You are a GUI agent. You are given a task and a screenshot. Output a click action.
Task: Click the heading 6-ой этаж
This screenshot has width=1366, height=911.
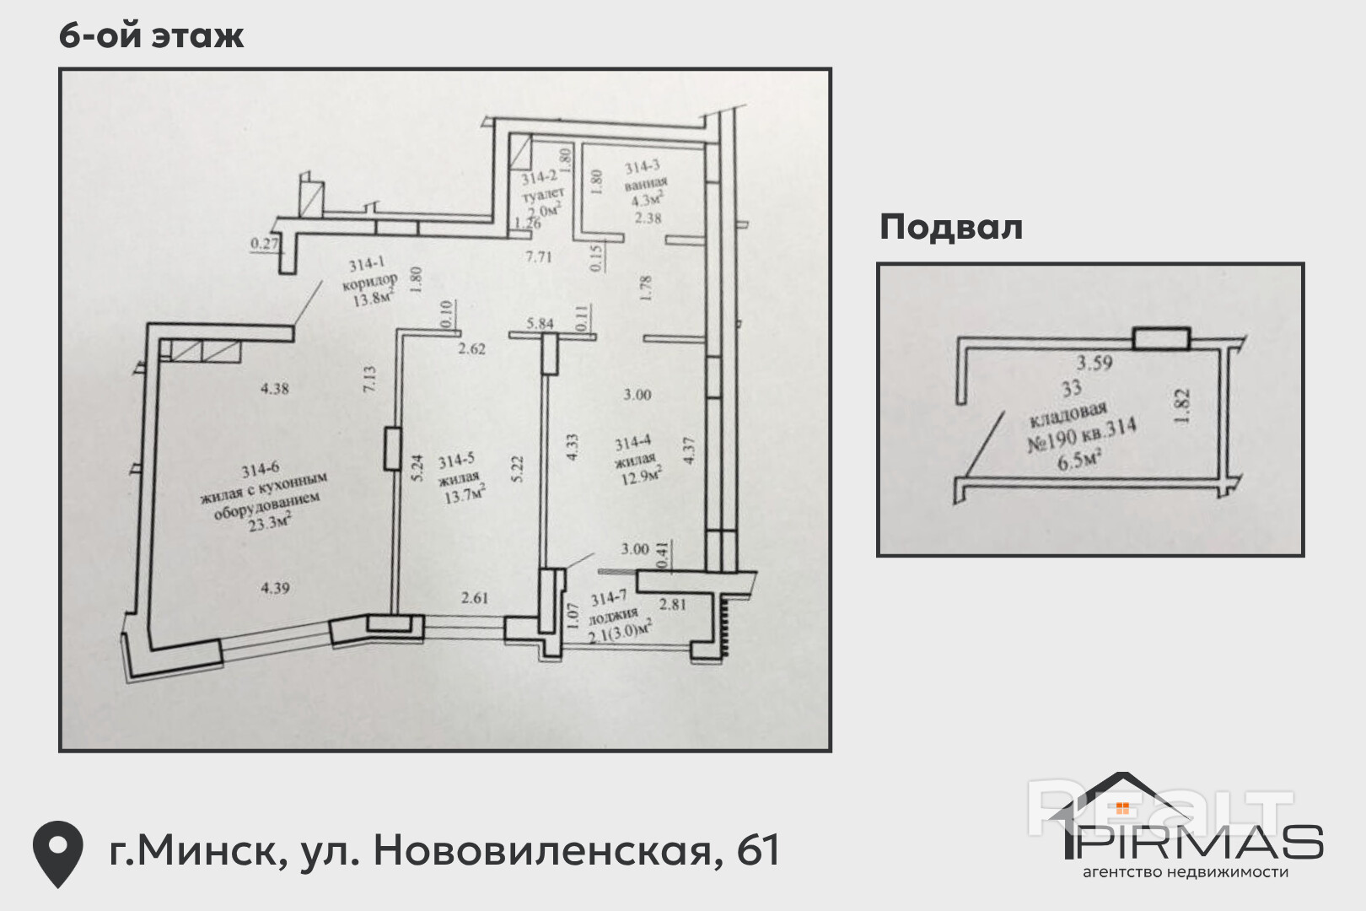pos(152,35)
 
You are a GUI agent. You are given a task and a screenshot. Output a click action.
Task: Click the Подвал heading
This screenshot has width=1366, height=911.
pos(950,227)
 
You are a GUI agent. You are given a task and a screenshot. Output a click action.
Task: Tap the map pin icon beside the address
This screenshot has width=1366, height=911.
pos(57,852)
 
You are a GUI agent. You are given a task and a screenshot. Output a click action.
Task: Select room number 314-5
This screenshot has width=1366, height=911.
pos(456,461)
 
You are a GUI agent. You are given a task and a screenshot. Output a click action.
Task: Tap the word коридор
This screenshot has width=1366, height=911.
pos(369,281)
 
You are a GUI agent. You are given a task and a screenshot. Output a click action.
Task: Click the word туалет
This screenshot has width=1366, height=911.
pos(543,194)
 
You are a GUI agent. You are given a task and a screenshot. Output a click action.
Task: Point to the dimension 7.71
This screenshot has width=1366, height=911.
pos(538,256)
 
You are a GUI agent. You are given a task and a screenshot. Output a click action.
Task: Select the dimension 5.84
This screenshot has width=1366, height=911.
pos(540,323)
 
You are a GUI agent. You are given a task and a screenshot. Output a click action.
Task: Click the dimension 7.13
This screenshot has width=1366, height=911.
pos(368,379)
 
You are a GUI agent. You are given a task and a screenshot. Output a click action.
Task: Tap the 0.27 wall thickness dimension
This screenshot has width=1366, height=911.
pos(265,244)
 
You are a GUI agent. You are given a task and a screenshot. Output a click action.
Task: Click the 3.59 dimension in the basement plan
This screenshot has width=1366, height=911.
pos(1094,364)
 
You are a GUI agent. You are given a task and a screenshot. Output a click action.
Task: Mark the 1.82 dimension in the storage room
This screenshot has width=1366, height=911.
pos(1181,405)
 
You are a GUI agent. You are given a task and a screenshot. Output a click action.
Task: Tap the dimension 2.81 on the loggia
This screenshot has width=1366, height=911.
pos(672,604)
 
